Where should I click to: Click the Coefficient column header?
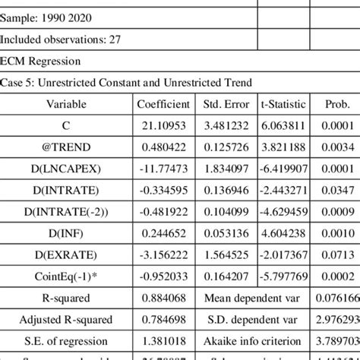coord(163,104)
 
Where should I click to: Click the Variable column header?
coord(66,104)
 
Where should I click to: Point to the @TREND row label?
coord(66,147)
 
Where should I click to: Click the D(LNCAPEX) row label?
coord(66,168)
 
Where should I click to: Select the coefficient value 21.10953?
coord(163,125)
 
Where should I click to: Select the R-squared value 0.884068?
coord(163,298)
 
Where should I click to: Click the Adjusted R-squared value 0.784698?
coord(163,320)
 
